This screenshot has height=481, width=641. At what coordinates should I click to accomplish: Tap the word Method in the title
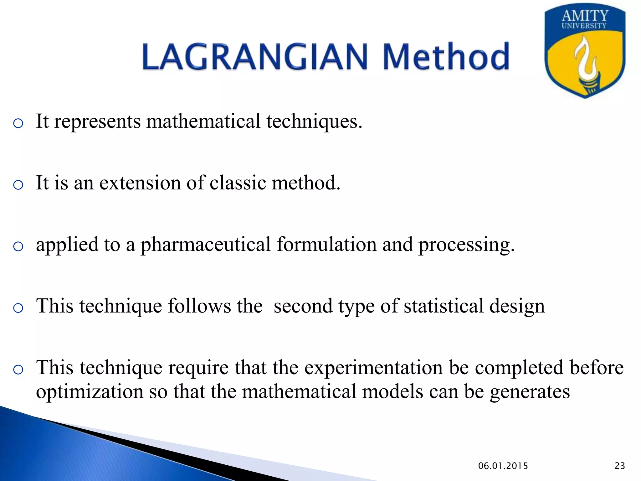[x=446, y=57]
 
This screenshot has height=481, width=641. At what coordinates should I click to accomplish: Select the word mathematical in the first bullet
[x=203, y=121]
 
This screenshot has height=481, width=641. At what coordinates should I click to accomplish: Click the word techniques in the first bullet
[x=314, y=122]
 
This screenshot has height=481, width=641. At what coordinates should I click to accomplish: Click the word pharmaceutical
[x=205, y=245]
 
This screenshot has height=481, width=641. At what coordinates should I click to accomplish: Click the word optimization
[x=90, y=392]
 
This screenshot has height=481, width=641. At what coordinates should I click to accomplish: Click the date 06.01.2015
[x=503, y=466]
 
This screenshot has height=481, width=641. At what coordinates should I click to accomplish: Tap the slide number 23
[x=620, y=466]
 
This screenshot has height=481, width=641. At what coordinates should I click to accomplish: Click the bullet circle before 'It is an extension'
[x=18, y=185]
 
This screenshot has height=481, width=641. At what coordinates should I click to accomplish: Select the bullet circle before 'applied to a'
[x=18, y=247]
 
